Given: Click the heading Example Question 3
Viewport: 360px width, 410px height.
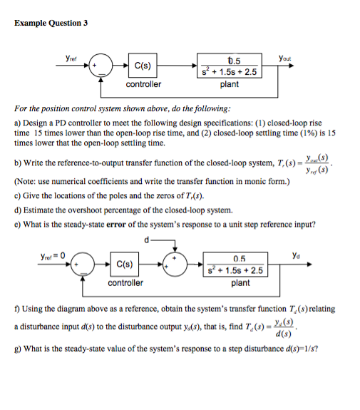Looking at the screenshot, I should (51, 23).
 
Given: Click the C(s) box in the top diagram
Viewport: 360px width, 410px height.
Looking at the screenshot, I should (142, 66).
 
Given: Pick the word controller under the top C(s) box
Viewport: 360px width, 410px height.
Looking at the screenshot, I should (143, 84).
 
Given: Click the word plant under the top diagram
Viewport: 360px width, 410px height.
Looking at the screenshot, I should (230, 84).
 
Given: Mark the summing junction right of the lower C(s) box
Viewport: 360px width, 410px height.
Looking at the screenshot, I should (173, 264).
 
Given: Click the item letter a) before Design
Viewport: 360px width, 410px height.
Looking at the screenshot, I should (18, 123).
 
